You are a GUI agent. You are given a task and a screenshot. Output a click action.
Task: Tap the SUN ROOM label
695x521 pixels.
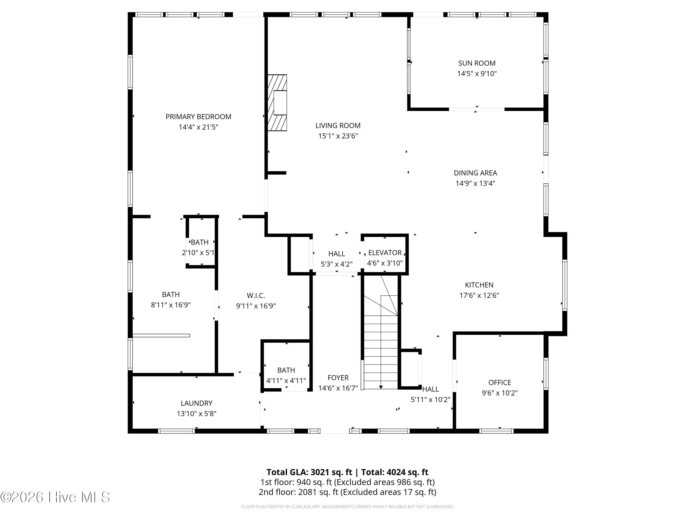[477, 63]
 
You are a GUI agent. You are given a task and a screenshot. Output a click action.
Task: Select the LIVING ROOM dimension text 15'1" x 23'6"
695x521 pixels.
[338, 136]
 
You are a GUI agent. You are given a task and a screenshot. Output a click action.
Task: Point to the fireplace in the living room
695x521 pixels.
[277, 103]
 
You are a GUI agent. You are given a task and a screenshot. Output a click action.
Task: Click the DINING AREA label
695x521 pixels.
[475, 173]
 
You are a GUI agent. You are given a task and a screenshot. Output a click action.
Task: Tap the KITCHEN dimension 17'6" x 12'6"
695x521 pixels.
[479, 295]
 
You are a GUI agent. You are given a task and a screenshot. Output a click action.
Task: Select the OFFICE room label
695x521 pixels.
[499, 383]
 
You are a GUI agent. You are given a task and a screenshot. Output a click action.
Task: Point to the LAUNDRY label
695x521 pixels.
[197, 403]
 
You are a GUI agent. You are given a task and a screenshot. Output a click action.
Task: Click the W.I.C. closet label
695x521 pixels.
[256, 295]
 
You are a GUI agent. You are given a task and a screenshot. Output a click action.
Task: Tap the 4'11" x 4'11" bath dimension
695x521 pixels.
[286, 381]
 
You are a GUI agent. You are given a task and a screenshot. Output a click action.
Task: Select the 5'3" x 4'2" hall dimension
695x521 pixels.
[337, 264]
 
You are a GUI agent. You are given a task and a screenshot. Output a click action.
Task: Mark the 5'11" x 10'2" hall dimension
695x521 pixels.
[430, 399]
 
